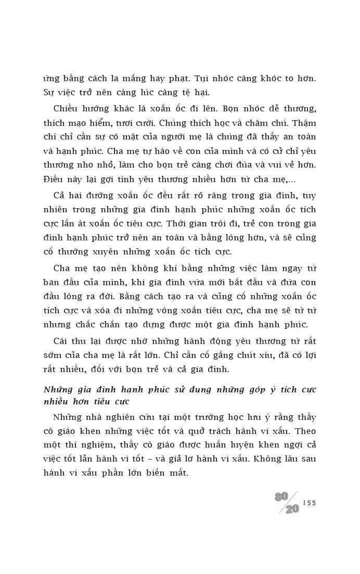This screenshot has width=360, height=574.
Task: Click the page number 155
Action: point(309,503)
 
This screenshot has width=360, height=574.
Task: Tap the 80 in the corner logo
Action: point(281,496)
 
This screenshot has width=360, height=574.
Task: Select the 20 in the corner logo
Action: point(292,509)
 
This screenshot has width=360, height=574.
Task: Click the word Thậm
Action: point(304,123)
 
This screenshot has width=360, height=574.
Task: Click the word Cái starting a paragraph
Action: point(62,341)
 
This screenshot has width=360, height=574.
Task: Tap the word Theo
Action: point(304,431)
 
